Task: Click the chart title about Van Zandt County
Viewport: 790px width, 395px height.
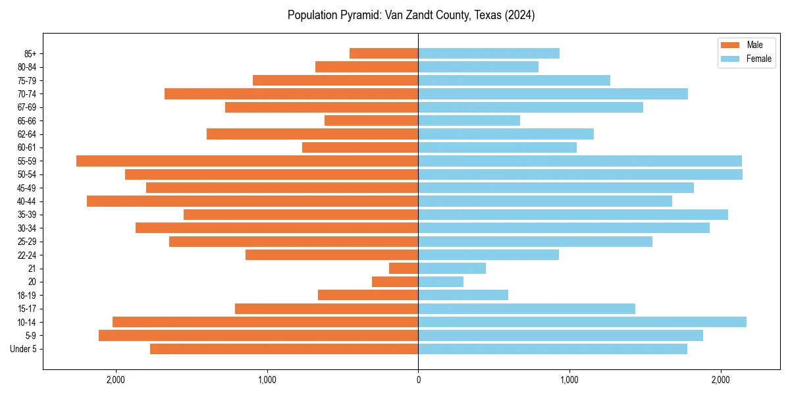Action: pos(411,15)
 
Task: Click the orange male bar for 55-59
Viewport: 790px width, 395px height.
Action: pos(247,161)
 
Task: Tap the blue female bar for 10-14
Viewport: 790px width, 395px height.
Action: pos(582,322)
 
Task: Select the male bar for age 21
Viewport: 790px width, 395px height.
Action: pos(404,268)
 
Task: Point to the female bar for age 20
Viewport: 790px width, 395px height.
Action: pos(440,282)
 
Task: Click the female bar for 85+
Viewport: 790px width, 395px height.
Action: pos(488,53)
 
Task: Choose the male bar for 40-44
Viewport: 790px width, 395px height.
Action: pos(252,201)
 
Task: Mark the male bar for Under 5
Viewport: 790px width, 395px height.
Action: pos(284,349)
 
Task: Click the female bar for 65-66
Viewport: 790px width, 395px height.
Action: pos(469,120)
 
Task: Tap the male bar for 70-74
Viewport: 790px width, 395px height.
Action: pos(291,93)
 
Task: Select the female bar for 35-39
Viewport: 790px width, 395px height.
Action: pos(573,215)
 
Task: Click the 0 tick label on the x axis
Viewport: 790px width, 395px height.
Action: pos(418,380)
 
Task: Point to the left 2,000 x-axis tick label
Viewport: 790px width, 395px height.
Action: pos(116,380)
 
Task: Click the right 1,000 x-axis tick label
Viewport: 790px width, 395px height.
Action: pos(569,380)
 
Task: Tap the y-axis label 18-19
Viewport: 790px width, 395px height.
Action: pos(27,296)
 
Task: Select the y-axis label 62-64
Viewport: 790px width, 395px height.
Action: pos(27,134)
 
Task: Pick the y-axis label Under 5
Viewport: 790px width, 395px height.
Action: pos(24,349)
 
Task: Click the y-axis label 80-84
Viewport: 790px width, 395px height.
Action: pos(27,67)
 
